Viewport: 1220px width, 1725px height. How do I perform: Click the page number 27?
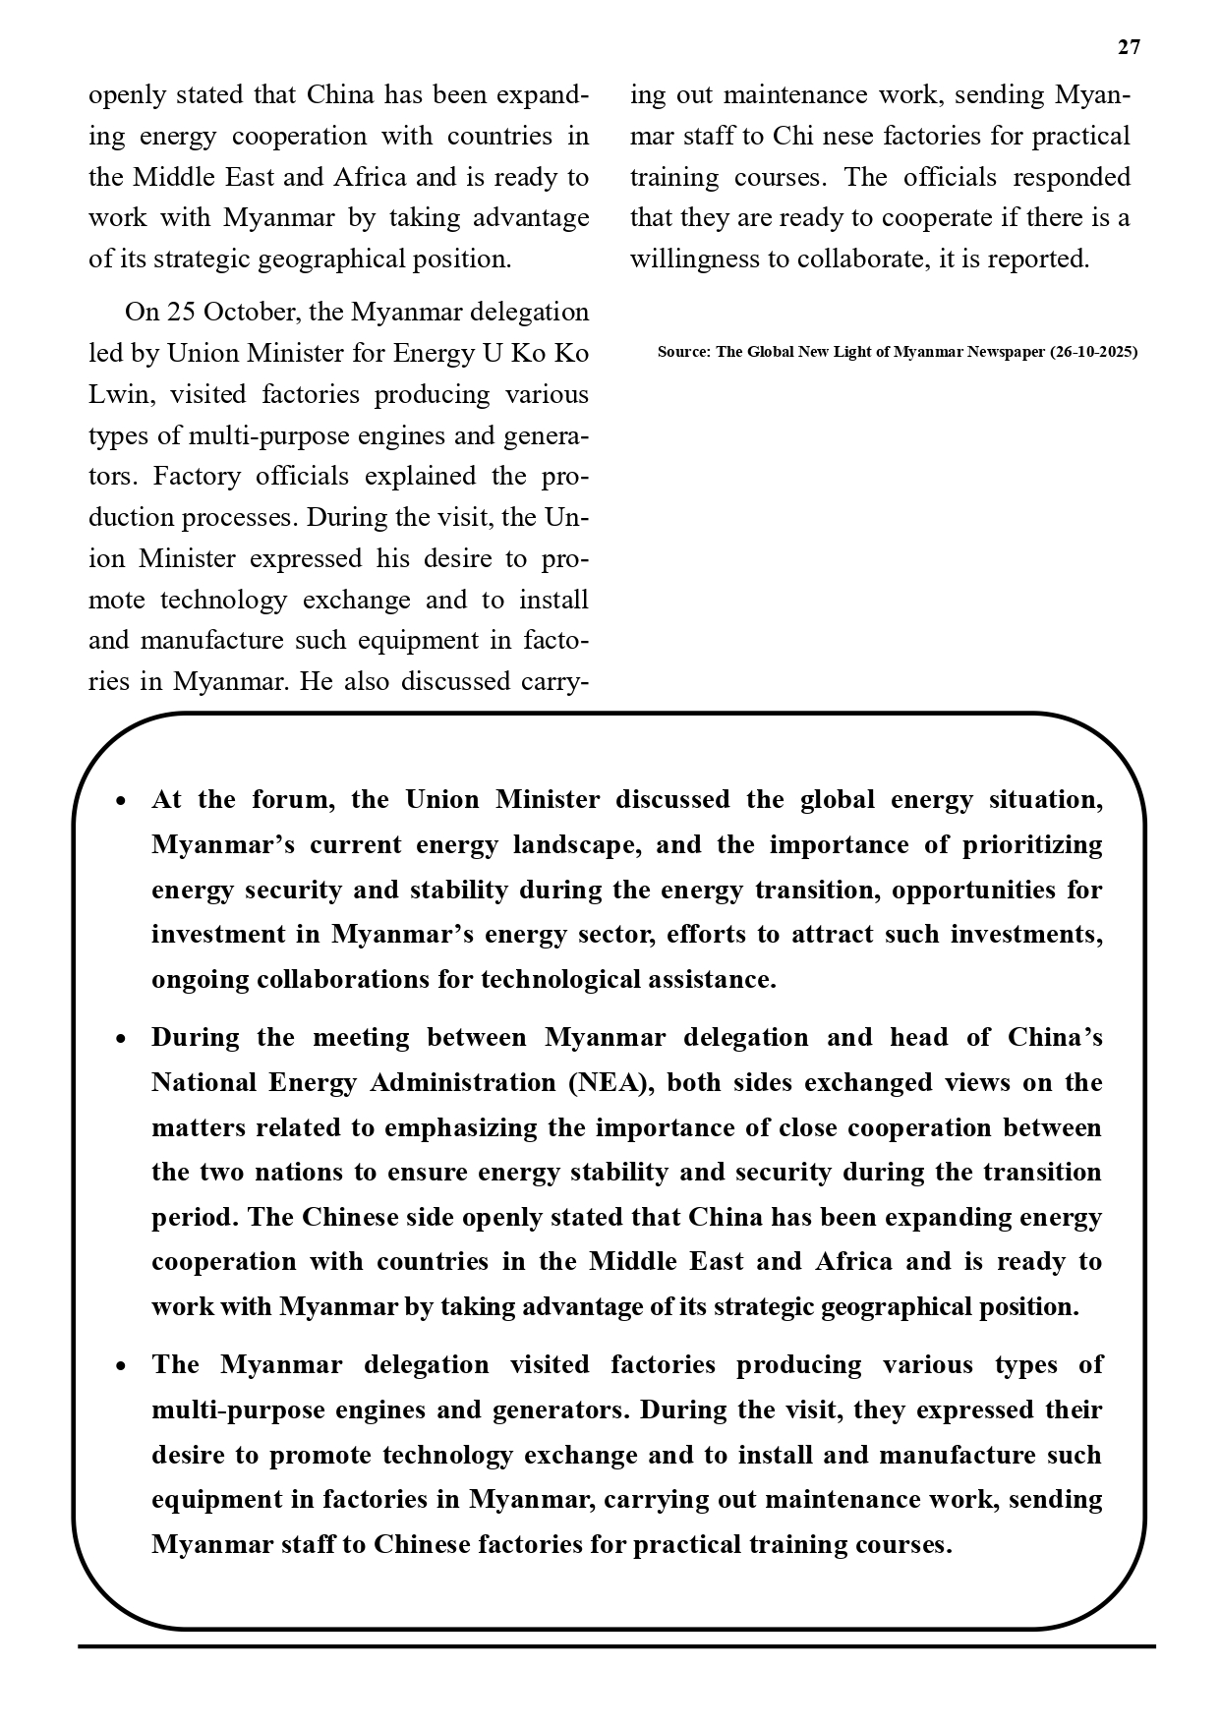(1129, 47)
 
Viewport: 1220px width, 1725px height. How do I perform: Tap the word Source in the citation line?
(681, 352)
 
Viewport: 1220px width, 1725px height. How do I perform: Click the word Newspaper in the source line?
(1006, 352)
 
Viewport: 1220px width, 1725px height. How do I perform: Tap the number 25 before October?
(181, 313)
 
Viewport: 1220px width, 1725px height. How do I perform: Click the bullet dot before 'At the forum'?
(120, 801)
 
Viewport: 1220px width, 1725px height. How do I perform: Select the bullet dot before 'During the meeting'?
(120, 1039)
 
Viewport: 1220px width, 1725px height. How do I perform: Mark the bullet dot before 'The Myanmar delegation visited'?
(120, 1366)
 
